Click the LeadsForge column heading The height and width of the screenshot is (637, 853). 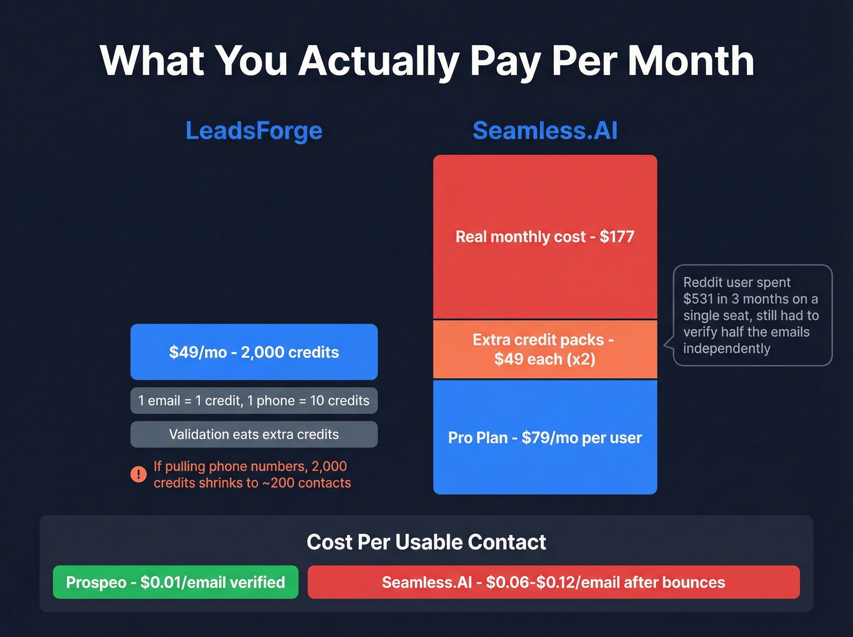[253, 130]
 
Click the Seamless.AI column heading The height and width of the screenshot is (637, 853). [545, 130]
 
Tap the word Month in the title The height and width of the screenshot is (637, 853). [691, 61]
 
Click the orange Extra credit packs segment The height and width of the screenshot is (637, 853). [545, 349]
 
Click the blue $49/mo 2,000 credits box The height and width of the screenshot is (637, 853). [253, 352]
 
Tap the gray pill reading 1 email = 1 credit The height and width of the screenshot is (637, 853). [253, 400]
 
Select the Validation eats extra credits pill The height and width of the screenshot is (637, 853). [253, 434]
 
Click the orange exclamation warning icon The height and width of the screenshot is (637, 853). [139, 474]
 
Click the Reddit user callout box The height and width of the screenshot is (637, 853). [752, 315]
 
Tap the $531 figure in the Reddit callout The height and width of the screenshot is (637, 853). [698, 299]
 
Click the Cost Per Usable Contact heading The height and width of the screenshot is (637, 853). [426, 542]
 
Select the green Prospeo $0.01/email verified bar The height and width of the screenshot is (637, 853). [175, 582]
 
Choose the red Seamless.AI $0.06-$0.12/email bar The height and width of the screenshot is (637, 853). [553, 582]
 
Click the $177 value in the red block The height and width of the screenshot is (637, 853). [617, 237]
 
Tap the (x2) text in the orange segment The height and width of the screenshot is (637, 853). [581, 359]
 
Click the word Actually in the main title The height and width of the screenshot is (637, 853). [378, 61]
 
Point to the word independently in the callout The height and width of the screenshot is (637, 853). [726, 349]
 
